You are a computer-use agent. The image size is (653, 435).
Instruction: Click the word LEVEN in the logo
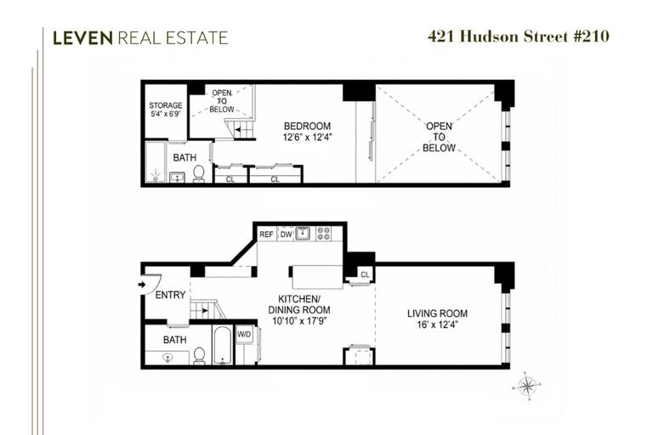(x=82, y=38)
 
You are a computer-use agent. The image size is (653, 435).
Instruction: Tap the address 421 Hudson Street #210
(x=519, y=37)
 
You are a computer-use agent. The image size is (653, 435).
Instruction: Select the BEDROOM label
(x=307, y=126)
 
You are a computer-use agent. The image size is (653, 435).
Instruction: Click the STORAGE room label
(x=166, y=105)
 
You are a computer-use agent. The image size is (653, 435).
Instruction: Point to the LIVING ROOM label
(x=437, y=314)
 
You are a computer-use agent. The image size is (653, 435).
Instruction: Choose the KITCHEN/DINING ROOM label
(x=299, y=304)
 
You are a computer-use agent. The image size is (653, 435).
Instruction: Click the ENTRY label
(x=170, y=295)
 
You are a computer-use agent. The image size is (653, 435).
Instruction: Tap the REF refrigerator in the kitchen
(x=266, y=234)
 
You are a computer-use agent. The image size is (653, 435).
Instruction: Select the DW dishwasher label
(x=286, y=234)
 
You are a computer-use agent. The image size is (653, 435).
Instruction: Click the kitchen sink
(x=303, y=234)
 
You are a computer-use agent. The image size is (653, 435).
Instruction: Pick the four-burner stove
(x=324, y=233)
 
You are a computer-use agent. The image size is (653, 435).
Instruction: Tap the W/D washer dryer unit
(x=245, y=334)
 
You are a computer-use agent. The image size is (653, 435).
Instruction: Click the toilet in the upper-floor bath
(x=199, y=173)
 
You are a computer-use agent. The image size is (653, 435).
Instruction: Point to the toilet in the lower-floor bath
(x=200, y=356)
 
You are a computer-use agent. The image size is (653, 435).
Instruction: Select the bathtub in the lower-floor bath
(x=223, y=346)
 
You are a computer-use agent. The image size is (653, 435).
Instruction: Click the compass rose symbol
(x=527, y=387)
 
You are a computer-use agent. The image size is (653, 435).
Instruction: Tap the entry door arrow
(x=142, y=285)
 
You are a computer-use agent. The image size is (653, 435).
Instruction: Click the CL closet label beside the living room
(x=365, y=274)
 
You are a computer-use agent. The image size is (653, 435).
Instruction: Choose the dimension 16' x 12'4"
(x=437, y=325)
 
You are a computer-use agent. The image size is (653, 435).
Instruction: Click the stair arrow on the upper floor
(x=238, y=129)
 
